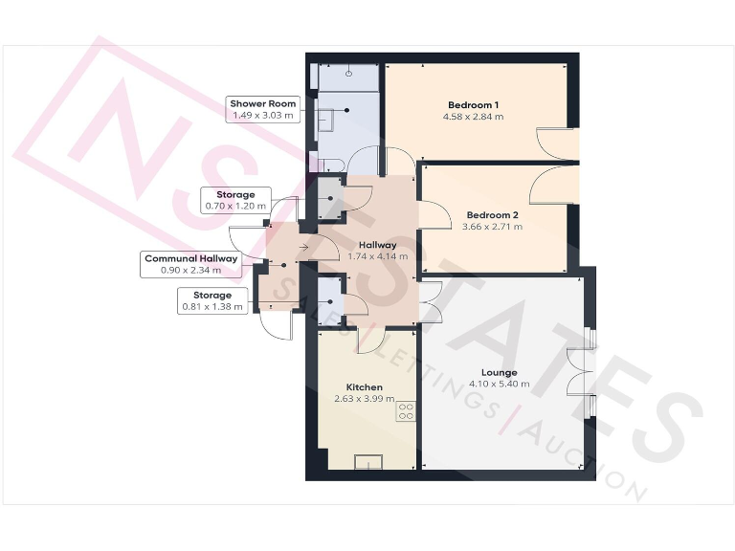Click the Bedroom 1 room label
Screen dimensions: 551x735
click(473, 104)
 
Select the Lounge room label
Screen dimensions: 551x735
click(500, 372)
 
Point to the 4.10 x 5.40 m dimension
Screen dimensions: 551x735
click(500, 385)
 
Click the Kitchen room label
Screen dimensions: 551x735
click(364, 386)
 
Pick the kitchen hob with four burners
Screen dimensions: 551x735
click(406, 411)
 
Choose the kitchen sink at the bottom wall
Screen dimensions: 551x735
click(368, 463)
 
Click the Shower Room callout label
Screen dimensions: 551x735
click(262, 103)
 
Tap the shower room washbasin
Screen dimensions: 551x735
click(326, 121)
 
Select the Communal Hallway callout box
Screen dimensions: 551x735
click(191, 258)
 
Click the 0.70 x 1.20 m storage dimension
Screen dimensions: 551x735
click(235, 206)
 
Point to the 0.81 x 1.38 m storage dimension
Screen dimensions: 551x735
click(213, 307)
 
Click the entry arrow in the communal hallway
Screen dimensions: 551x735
click(302, 248)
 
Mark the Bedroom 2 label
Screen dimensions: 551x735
click(493, 215)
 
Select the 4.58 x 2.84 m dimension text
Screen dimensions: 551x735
click(473, 117)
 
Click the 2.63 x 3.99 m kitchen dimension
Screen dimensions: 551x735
click(364, 399)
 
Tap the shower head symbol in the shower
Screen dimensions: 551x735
click(350, 71)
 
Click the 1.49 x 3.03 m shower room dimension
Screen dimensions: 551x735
click(262, 115)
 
